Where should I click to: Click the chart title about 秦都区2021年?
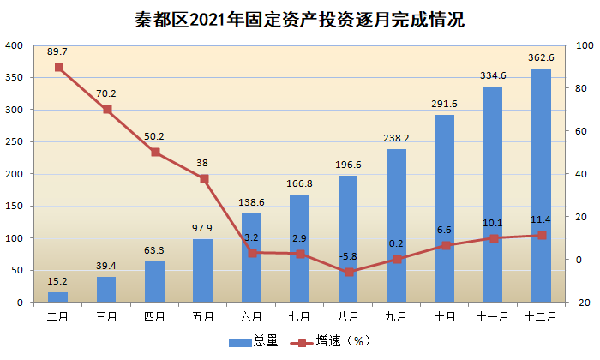(300, 20)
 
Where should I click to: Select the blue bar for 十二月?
(541, 185)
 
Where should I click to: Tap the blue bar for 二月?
(57, 297)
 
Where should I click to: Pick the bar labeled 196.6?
(348, 239)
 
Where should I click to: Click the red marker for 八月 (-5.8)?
(349, 272)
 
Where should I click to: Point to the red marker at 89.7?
(59, 68)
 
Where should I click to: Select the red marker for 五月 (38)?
(204, 178)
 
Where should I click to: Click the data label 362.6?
(541, 57)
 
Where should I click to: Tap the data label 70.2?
(106, 93)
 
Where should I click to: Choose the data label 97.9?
(202, 228)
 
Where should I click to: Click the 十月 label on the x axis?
(445, 317)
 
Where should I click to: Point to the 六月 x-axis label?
(251, 317)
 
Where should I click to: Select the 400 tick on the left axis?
(15, 45)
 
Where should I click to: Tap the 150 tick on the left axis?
(15, 207)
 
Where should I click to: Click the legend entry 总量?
(254, 341)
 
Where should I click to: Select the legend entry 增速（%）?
(331, 341)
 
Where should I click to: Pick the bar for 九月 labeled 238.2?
(396, 225)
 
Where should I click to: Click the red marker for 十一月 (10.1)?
(494, 238)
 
